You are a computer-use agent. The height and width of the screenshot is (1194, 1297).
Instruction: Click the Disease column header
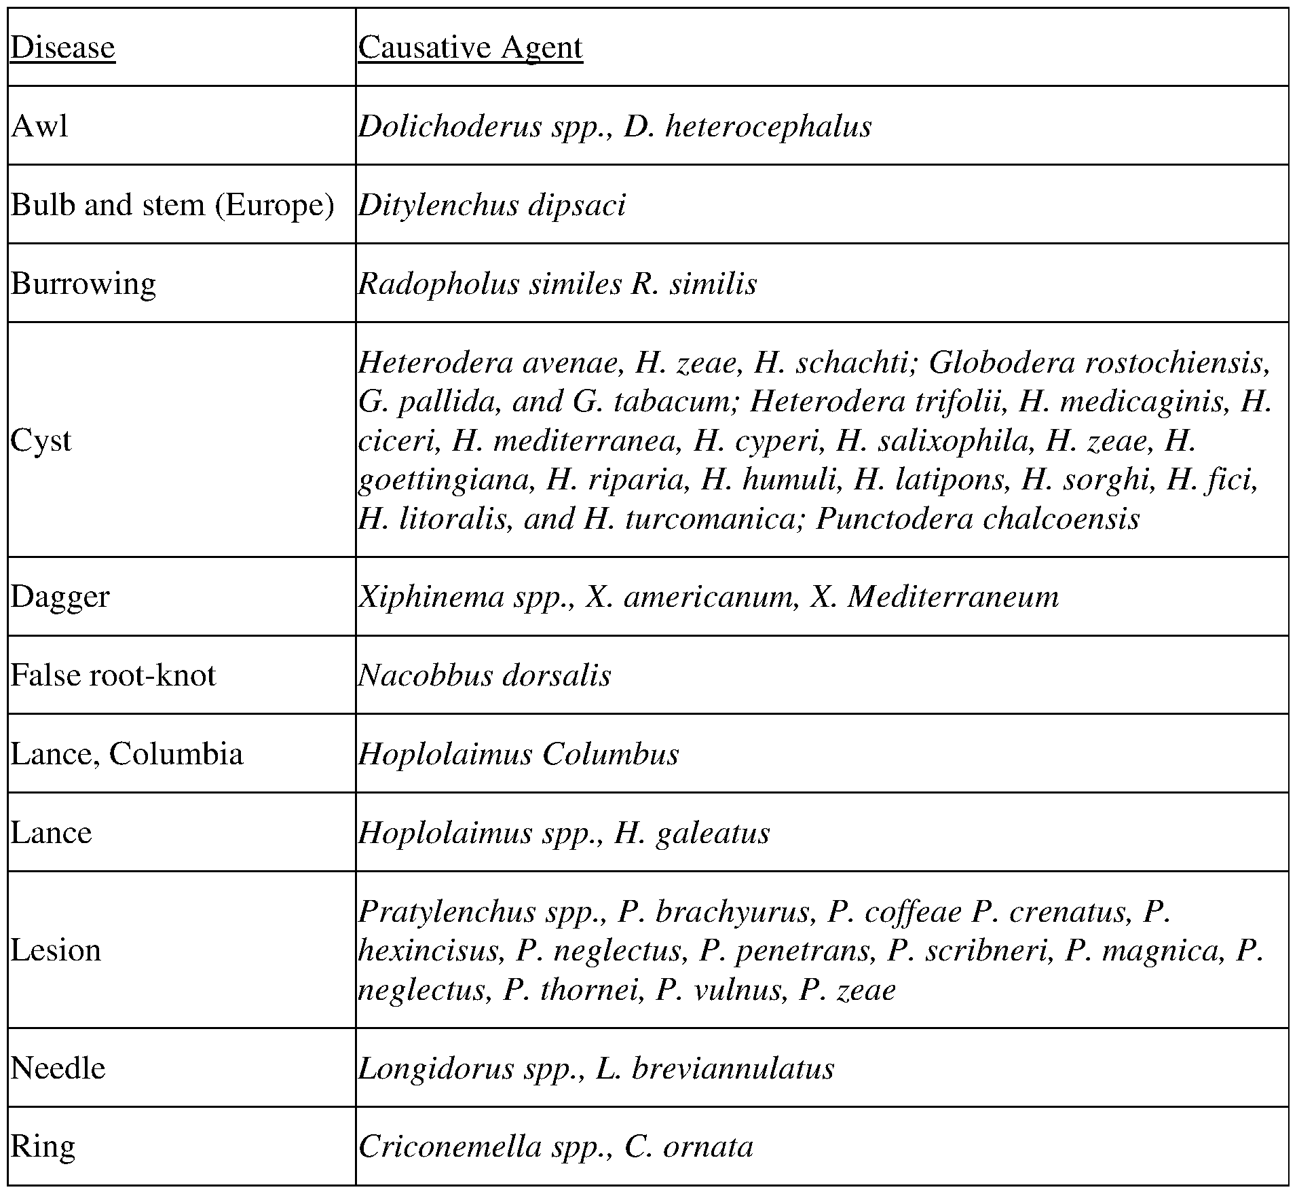pos(62,48)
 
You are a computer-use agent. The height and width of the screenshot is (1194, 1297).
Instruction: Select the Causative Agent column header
pos(470,48)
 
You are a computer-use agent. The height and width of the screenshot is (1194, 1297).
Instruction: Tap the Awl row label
pos(39,126)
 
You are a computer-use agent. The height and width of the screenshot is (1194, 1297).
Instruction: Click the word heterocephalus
pos(768,126)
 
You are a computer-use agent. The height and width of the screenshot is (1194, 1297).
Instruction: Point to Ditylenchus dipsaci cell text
pos(492,205)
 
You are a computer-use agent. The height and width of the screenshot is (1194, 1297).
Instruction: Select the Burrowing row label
pos(83,284)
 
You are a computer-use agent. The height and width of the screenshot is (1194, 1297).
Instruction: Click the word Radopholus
pos(438,284)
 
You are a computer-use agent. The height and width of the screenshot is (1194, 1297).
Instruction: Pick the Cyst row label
pos(41,441)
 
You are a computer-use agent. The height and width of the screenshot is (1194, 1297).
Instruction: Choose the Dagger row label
pos(60,597)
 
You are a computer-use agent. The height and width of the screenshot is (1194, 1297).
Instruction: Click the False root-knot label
pos(113,675)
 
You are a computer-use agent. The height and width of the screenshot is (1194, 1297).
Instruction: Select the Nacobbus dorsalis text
pos(485,675)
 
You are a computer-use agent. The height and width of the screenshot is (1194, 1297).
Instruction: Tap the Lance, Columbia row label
pos(126,754)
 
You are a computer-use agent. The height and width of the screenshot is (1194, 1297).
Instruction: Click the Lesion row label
pos(56,950)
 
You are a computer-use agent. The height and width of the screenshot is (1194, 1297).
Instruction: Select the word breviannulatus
pos(733,1068)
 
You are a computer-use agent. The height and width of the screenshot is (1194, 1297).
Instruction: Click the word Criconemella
pos(450,1146)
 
